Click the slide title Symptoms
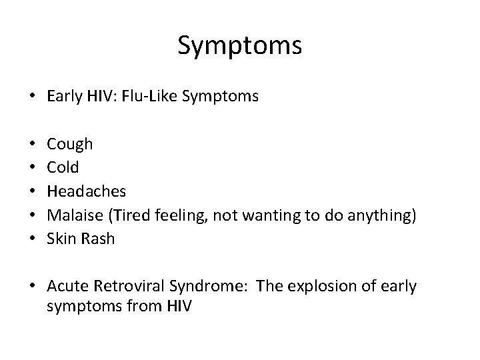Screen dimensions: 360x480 [x=240, y=46]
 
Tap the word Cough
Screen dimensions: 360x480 [x=70, y=143]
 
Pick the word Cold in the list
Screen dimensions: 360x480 [x=63, y=167]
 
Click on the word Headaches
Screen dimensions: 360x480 [x=87, y=191]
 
